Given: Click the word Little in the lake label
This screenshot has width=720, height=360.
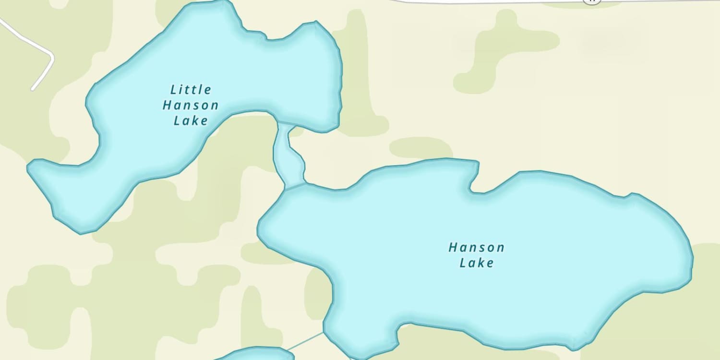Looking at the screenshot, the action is [191, 90].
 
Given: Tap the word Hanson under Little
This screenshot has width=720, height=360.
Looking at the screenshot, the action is [191, 105].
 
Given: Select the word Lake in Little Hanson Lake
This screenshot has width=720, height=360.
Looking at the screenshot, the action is [191, 120].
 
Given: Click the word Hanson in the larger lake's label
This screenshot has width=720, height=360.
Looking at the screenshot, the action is [476, 248].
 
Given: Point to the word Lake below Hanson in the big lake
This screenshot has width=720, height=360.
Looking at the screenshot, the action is [476, 263].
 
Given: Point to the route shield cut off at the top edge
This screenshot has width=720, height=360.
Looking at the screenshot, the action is [592, 1].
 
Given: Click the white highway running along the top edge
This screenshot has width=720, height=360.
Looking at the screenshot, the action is [480, 2].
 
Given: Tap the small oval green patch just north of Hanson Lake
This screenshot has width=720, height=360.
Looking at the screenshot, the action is [420, 148].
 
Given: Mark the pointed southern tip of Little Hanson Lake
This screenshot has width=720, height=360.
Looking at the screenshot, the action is [81, 233].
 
